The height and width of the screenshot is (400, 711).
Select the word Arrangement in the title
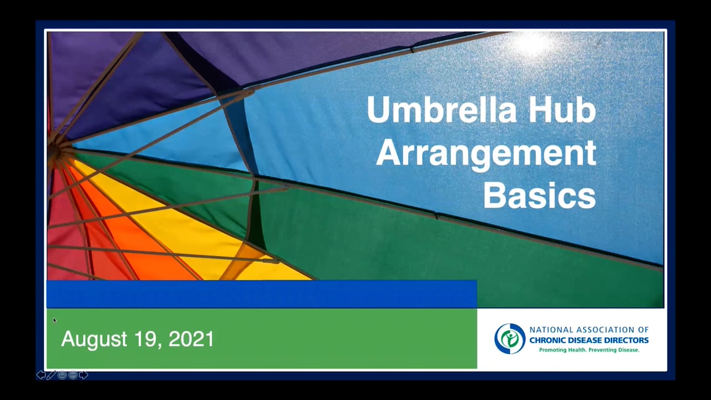click(486, 153)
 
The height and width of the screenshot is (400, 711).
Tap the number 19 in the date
click(146, 339)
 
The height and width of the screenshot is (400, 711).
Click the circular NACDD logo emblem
click(509, 338)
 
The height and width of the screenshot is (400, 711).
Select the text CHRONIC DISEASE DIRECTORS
click(589, 340)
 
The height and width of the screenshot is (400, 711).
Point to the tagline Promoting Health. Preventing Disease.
click(589, 350)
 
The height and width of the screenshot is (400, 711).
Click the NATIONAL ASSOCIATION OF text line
click(589, 330)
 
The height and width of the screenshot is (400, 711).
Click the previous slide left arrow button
click(41, 375)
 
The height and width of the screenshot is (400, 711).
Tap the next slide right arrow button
click(83, 375)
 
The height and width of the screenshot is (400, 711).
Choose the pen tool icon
click(51, 375)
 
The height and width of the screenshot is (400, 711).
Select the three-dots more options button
click(72, 375)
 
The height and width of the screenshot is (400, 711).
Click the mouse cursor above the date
click(54, 320)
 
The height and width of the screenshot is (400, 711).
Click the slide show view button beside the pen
click(62, 375)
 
